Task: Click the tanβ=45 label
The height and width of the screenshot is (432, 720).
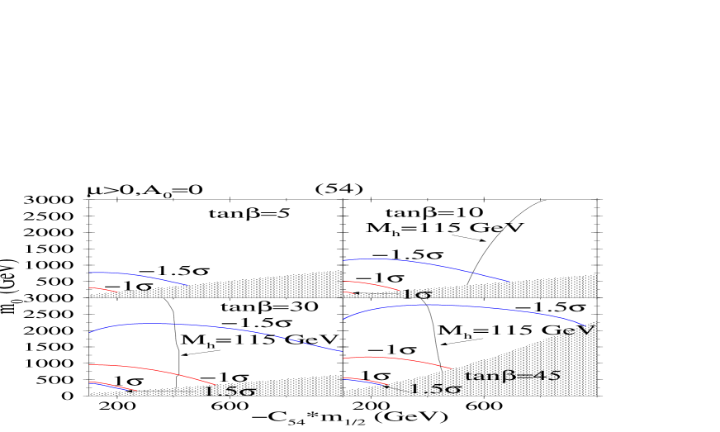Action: coord(513,376)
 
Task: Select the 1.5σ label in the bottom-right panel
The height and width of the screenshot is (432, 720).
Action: coord(435,388)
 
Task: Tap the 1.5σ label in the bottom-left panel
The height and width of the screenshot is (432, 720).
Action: coord(229,391)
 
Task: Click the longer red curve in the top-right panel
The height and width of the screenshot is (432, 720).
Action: coord(372,283)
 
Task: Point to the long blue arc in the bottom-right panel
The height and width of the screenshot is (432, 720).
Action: coord(462,306)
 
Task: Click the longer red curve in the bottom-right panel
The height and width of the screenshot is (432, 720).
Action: coord(396,358)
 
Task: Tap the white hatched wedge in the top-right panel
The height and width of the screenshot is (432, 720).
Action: coord(545,287)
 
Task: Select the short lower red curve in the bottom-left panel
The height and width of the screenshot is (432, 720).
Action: coord(111,385)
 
